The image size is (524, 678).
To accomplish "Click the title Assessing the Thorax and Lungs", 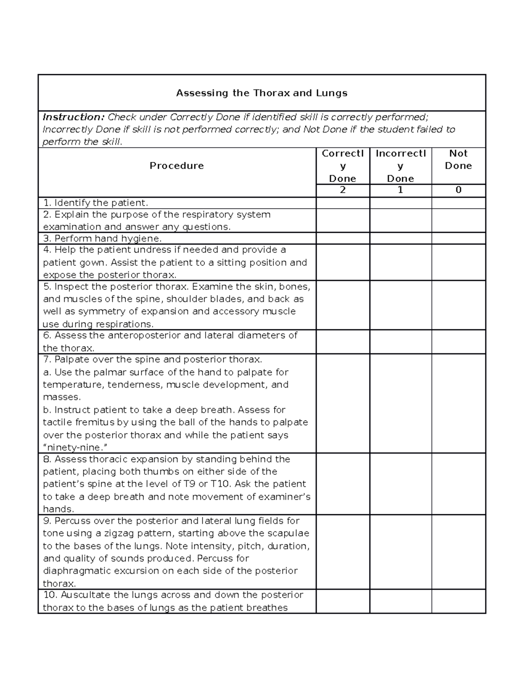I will (x=262, y=93).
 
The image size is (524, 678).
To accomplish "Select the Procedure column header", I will (x=176, y=166).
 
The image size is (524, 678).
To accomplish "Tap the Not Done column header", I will (x=458, y=160).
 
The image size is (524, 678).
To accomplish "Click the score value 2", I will (x=342, y=190).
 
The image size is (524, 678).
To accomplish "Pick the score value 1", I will (x=400, y=190).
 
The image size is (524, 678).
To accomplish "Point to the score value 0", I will (x=458, y=190).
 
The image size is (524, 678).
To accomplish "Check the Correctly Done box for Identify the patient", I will (x=342, y=203).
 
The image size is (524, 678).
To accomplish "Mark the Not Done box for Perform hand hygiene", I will (x=458, y=238).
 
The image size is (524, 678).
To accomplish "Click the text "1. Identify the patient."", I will (x=96, y=203).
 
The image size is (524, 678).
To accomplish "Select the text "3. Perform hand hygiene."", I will (x=102, y=238).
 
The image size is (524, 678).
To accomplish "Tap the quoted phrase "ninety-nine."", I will (x=75, y=447).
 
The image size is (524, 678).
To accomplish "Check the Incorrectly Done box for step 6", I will (x=400, y=341).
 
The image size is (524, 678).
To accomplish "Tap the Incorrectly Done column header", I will (x=400, y=166).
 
